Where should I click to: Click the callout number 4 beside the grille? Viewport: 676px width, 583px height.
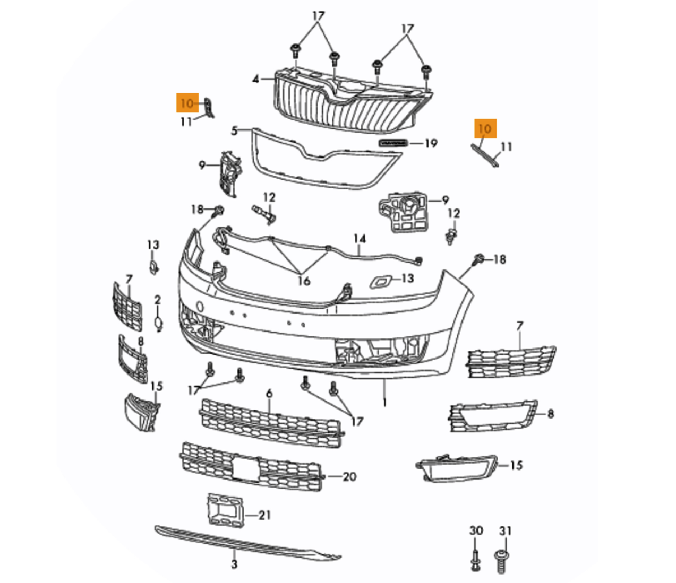click(x=256, y=80)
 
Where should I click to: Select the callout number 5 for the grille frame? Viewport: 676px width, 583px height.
click(x=234, y=130)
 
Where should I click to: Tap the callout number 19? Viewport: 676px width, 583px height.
click(x=431, y=143)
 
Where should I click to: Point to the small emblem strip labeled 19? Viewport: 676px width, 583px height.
click(x=393, y=143)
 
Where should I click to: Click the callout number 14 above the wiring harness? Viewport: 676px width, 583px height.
click(x=360, y=239)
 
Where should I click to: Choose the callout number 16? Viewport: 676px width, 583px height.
click(x=303, y=280)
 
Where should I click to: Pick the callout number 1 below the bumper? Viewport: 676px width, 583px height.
click(x=384, y=403)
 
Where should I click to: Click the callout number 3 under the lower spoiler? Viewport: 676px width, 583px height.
click(x=234, y=564)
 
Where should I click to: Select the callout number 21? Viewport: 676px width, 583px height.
click(x=264, y=515)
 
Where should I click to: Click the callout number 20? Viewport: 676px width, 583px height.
click(x=349, y=476)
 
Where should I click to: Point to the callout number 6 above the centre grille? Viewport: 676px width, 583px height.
click(x=269, y=394)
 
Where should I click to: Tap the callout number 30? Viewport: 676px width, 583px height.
click(x=476, y=530)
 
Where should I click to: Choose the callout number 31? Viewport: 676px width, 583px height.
click(x=505, y=530)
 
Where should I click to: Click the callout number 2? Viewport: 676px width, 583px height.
click(x=157, y=300)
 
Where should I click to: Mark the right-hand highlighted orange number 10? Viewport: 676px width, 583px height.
click(x=485, y=128)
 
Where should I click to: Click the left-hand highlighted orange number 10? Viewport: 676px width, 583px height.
click(x=187, y=102)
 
